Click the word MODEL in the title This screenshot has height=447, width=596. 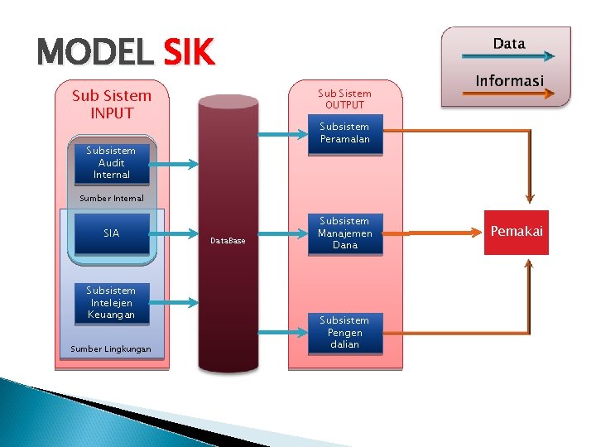(95, 54)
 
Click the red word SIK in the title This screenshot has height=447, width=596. (189, 54)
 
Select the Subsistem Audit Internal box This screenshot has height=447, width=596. (111, 163)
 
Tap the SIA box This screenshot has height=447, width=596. (111, 233)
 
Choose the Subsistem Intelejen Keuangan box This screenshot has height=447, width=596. (111, 303)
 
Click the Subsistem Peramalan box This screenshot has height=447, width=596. (344, 133)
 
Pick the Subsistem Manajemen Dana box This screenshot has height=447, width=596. (344, 233)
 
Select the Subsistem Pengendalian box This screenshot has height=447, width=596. (344, 332)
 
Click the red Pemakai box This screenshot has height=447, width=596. (517, 232)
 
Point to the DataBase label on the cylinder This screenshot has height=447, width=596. (228, 241)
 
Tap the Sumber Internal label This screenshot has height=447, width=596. (111, 199)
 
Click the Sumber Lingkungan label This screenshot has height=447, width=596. (111, 349)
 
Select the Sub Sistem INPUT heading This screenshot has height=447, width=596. (112, 105)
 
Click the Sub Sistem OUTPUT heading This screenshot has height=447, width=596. (344, 99)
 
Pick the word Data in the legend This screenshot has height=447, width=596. (508, 43)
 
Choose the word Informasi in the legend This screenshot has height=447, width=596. (509, 80)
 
